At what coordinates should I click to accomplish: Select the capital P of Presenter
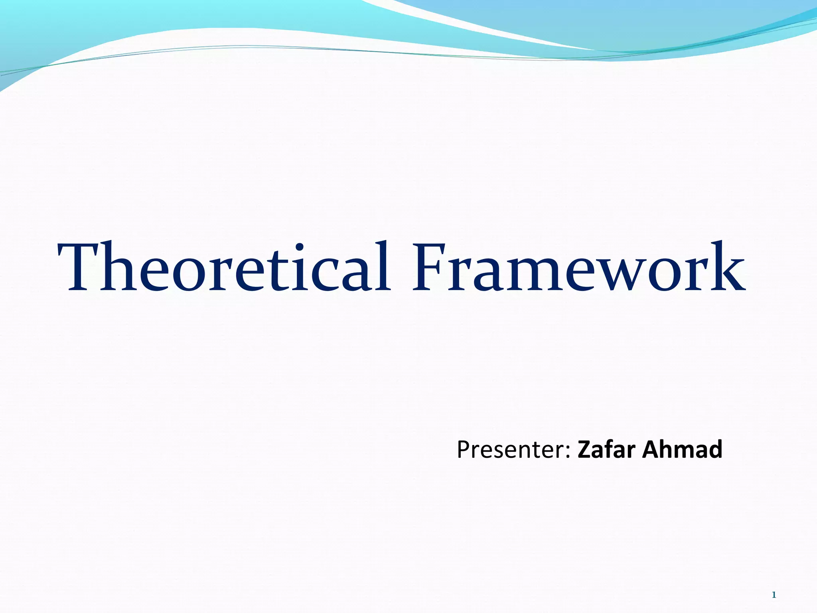tap(464, 449)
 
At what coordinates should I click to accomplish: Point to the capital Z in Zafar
tap(584, 449)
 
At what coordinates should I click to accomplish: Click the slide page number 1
tap(774, 595)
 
